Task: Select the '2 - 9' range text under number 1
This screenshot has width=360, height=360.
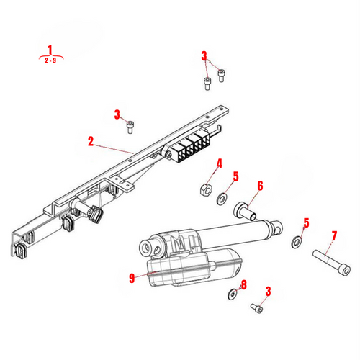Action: point(50,60)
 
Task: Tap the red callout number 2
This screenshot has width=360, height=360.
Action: point(91,143)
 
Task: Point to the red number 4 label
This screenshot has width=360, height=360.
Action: point(220,165)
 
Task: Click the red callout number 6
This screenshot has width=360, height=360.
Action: point(260,186)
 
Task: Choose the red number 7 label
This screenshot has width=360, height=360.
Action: point(333,235)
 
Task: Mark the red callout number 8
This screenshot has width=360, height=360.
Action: point(243,285)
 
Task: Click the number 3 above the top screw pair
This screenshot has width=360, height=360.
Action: point(204,55)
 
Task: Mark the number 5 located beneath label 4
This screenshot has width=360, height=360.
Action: point(235,177)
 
